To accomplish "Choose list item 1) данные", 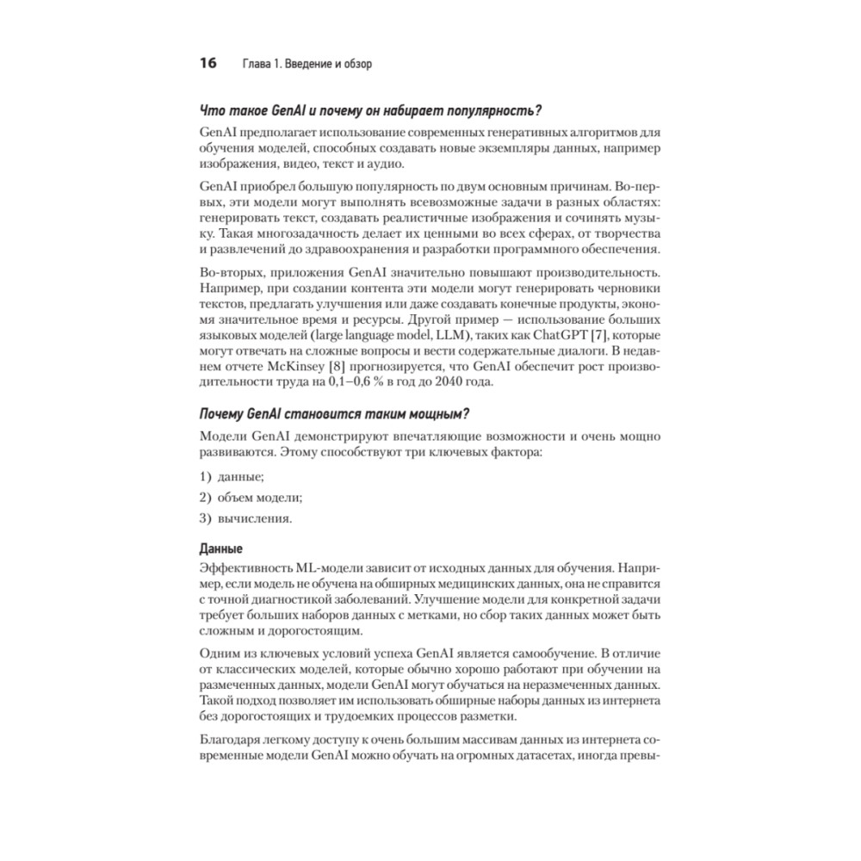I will (x=232, y=476).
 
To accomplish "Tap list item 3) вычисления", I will (x=245, y=518).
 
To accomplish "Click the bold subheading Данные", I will (x=220, y=549).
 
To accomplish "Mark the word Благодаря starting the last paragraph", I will (x=230, y=740).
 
